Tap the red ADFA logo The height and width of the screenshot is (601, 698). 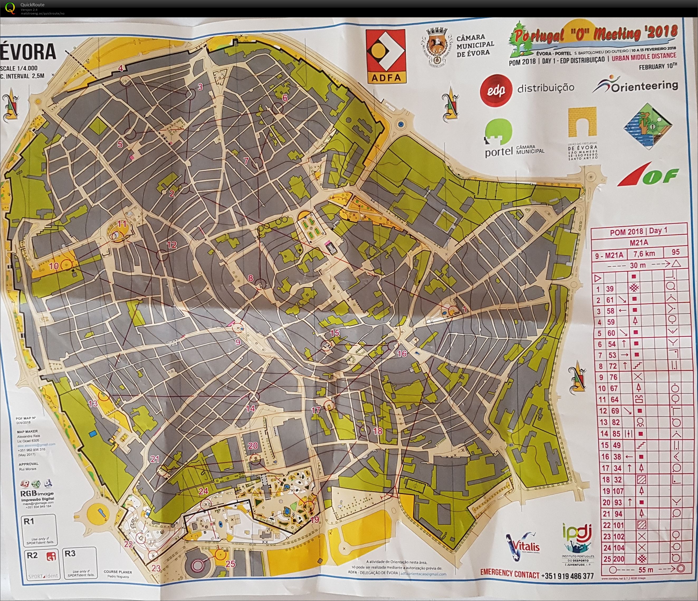click(386, 56)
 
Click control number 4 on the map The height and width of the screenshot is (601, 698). click(120, 68)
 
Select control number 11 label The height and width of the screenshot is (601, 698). click(122, 224)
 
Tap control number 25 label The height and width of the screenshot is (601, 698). click(230, 564)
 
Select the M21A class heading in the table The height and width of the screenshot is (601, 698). click(638, 242)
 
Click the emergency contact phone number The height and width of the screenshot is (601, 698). click(567, 576)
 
